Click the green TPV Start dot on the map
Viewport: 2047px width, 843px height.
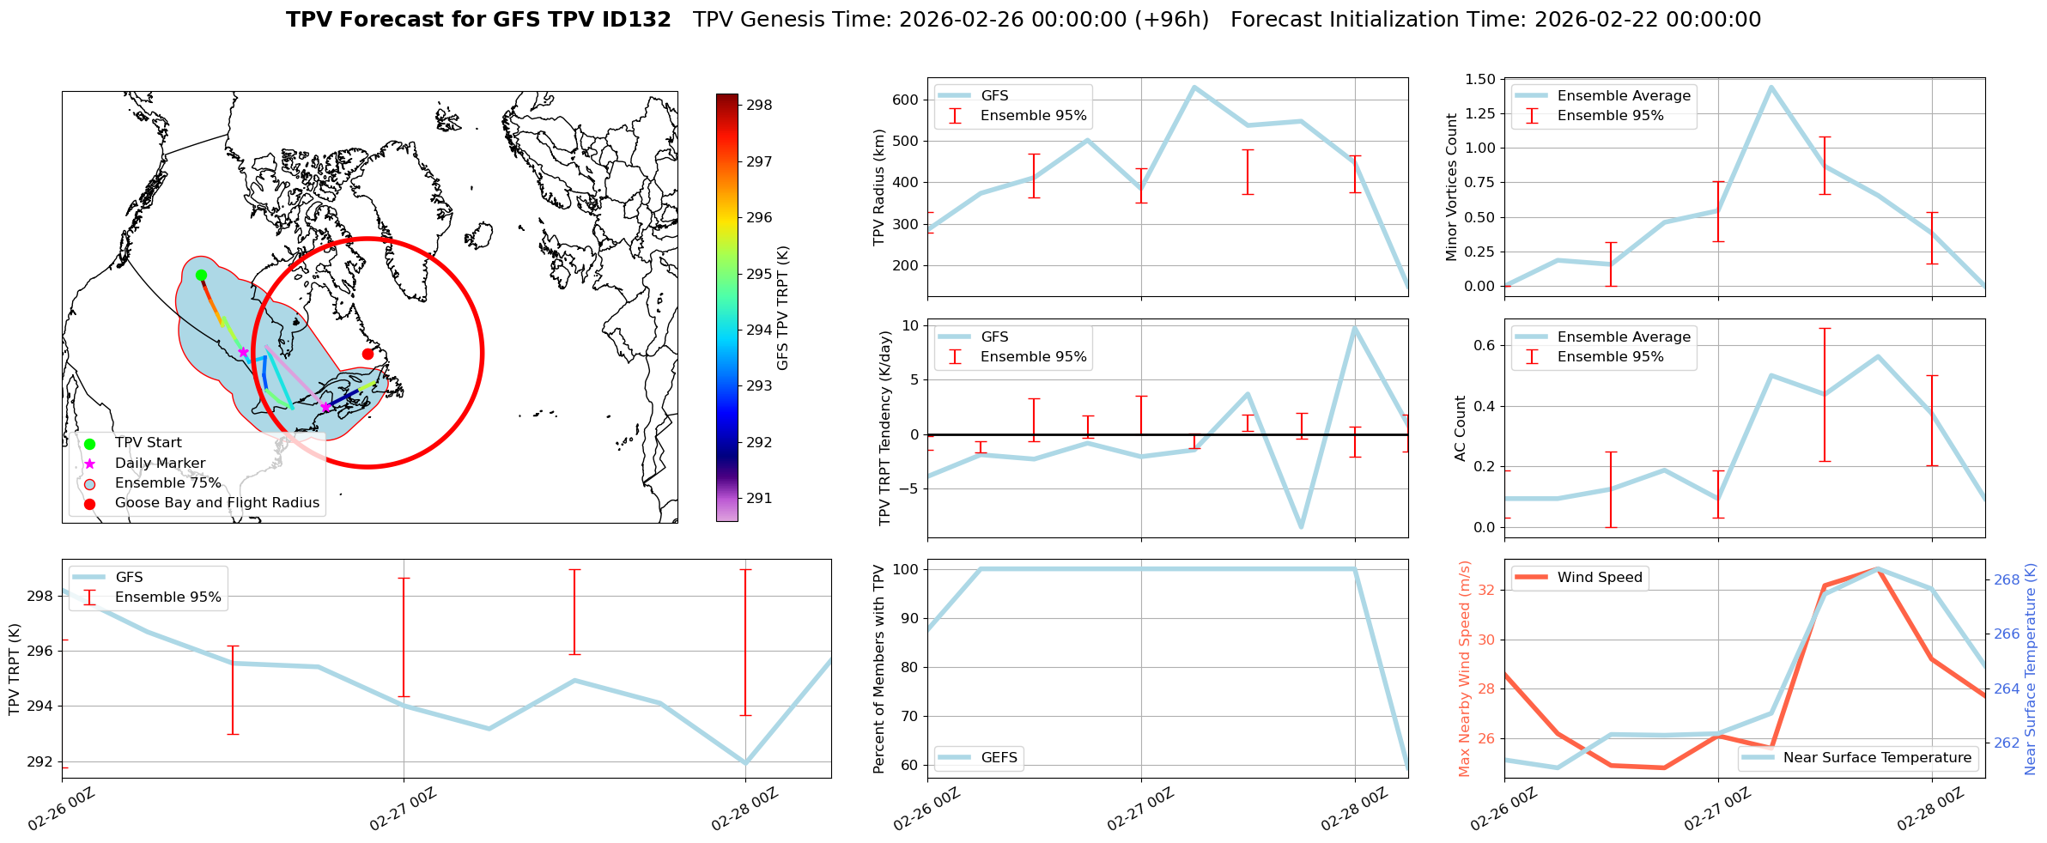point(201,275)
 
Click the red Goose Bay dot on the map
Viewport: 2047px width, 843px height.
point(367,354)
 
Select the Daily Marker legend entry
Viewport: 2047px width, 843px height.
point(160,463)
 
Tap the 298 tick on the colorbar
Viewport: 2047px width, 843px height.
point(759,105)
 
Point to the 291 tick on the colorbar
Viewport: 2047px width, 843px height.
point(759,498)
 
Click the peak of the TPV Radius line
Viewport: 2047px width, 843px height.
point(1194,87)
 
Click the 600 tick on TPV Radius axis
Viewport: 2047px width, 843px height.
point(908,100)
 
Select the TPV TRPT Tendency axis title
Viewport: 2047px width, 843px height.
point(884,428)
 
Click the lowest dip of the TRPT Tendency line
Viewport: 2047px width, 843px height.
point(1302,527)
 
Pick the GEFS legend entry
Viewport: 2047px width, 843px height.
point(999,757)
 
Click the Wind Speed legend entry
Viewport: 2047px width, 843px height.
point(1599,577)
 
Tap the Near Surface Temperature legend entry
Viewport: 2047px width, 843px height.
point(1877,757)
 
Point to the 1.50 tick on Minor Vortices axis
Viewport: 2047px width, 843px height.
point(1483,79)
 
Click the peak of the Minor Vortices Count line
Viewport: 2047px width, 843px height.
point(1771,87)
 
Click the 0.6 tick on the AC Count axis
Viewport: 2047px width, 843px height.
point(1487,345)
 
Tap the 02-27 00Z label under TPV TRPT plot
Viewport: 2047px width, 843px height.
point(404,810)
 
